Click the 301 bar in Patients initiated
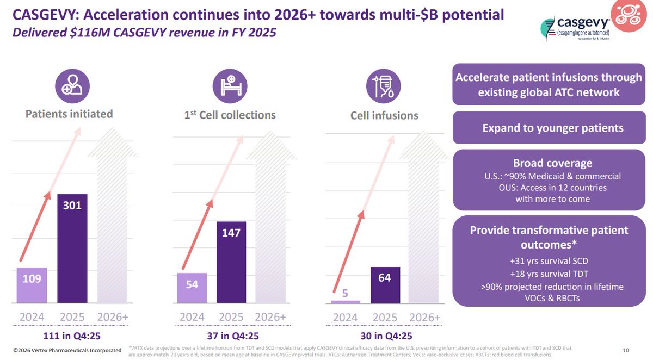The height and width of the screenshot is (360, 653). coord(72,248)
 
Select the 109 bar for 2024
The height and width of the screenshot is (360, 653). coord(32,285)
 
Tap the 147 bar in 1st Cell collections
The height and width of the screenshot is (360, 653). coord(231,262)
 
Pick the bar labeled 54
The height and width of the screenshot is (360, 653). coord(192,288)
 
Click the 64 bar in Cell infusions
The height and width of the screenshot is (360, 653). coord(385,284)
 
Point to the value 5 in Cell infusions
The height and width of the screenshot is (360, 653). coord(346,293)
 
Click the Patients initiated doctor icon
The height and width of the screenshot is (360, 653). coord(72,86)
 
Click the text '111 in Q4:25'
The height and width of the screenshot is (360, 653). coord(71,336)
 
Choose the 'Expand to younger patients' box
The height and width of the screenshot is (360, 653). coord(552,128)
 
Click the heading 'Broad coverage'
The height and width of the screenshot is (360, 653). coord(552,163)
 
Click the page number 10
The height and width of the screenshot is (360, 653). coord(625,350)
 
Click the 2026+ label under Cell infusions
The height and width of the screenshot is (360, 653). coord(424,316)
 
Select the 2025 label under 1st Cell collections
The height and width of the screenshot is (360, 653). coord(231,316)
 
